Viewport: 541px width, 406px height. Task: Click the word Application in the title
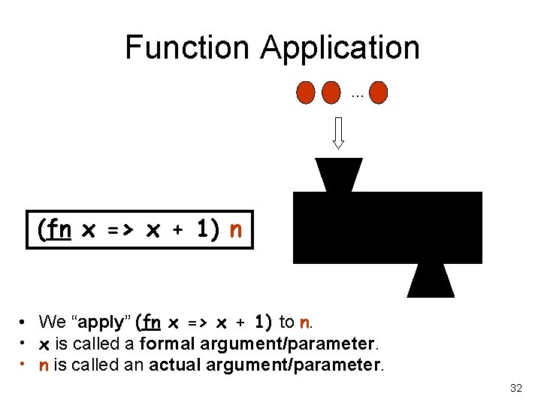click(340, 47)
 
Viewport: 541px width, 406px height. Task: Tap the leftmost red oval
click(306, 92)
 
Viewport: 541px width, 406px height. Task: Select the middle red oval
click(331, 92)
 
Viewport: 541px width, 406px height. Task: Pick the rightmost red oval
click(379, 92)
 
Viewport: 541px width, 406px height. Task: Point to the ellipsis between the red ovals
click(356, 95)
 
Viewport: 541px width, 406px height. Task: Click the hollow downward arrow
click(338, 132)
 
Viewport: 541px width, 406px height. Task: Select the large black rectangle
click(387, 227)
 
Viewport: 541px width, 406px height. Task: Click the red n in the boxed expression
click(236, 229)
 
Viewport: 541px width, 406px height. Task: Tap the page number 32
click(515, 388)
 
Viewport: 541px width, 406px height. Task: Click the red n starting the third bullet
click(44, 366)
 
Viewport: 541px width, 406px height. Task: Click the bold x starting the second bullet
click(44, 344)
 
